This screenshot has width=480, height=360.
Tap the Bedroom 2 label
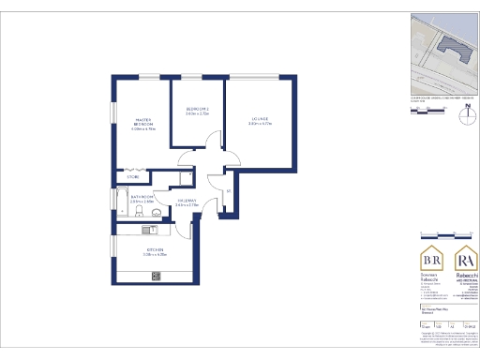tap(196, 112)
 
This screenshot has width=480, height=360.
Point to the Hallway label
tap(187, 201)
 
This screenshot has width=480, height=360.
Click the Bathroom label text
tap(141, 199)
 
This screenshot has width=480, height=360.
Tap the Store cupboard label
tap(133, 175)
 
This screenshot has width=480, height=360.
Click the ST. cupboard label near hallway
tap(229, 192)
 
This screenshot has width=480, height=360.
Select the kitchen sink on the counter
tap(147, 229)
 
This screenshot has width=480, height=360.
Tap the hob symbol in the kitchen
tap(157, 275)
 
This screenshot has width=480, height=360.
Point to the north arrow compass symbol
tap(465, 117)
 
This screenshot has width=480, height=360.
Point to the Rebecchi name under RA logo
tap(462, 277)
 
